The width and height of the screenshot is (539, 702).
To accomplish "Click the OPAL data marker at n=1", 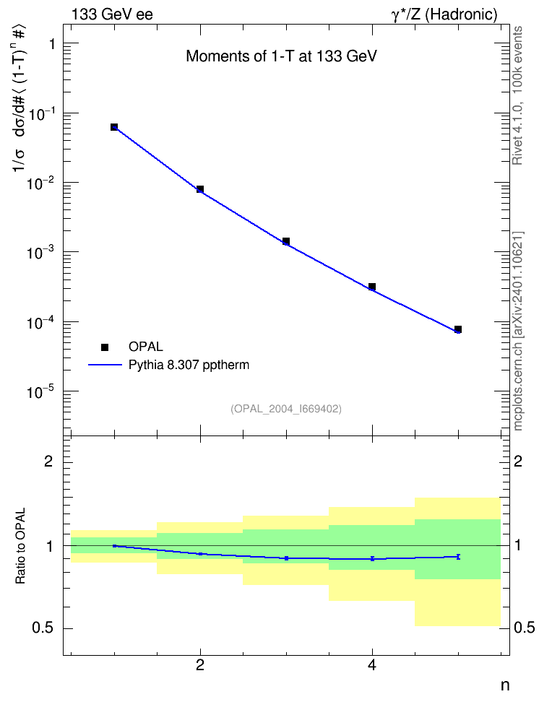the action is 114,127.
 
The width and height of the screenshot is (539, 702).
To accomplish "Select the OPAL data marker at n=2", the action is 200,189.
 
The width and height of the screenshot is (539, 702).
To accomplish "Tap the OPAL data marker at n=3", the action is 286,241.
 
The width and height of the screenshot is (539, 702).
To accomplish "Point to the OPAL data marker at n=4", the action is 372,287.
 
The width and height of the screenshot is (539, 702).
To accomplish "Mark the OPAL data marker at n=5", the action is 458,329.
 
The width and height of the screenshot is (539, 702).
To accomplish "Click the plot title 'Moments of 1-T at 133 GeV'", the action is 281,56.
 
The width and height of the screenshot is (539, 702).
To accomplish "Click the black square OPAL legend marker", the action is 105,347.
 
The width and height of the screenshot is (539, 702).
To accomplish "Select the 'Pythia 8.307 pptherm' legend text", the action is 189,365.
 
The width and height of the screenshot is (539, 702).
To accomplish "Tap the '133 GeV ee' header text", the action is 113,14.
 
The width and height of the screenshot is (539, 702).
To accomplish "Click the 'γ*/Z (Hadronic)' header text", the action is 444,15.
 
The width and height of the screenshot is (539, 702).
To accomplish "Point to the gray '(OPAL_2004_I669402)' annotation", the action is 286,409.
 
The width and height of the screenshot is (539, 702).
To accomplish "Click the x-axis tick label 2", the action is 200,665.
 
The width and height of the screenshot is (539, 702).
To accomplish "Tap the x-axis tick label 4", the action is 372,665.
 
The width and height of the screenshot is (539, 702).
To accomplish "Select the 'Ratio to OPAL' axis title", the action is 21,546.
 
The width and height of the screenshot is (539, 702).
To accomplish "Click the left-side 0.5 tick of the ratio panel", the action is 43,628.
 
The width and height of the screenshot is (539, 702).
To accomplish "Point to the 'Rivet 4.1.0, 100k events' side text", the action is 518,95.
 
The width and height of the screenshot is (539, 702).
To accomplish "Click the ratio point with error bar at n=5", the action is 458,557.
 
